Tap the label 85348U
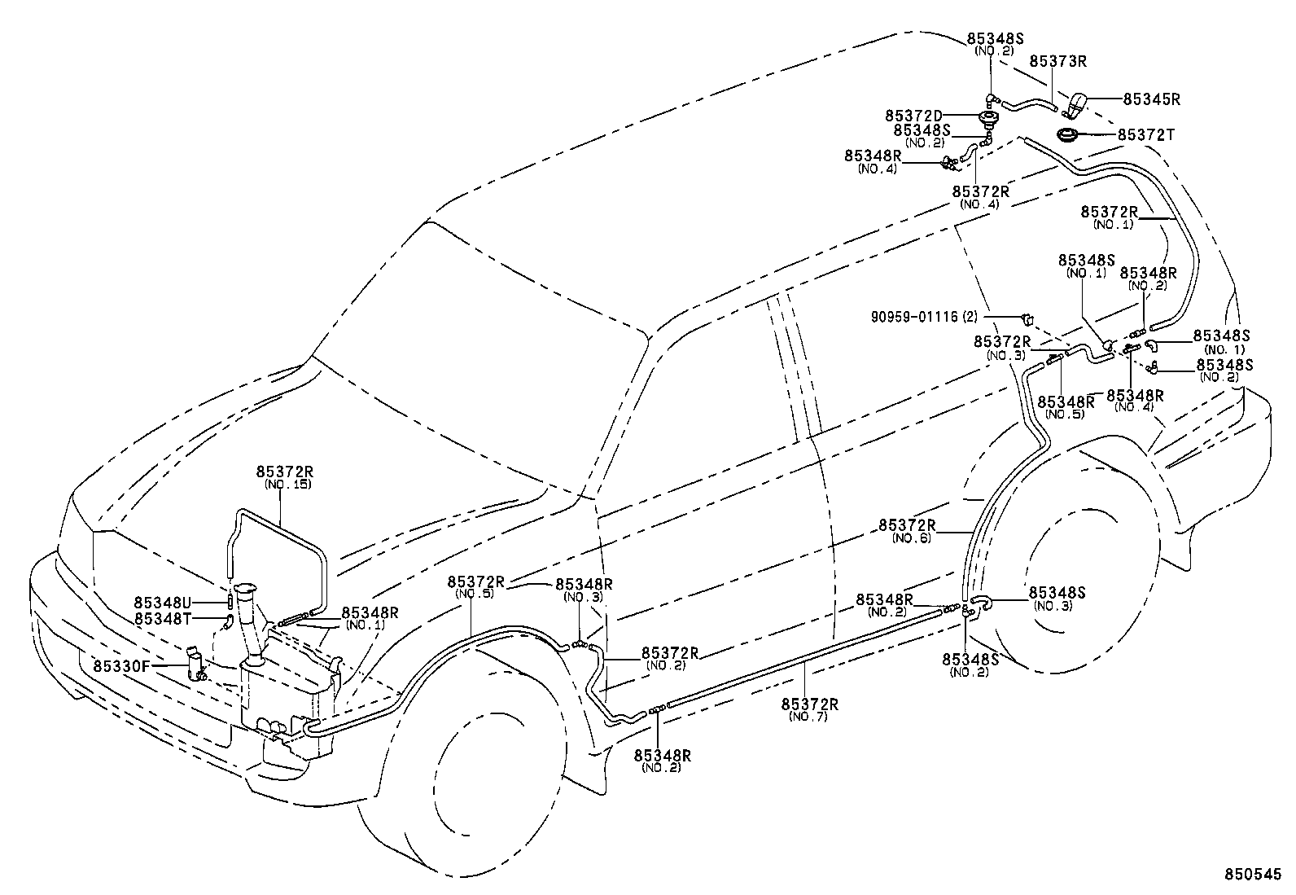tap(162, 603)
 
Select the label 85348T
tap(162, 619)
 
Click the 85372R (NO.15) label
tap(284, 477)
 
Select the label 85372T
tap(1145, 134)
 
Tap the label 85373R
tap(1058, 61)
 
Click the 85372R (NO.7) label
tap(809, 709)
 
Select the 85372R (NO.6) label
tap(907, 531)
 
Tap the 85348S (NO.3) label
tap(1057, 599)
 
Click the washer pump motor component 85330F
tap(195, 664)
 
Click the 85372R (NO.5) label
tap(475, 587)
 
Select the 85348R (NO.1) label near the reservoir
tap(370, 618)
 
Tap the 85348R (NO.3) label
tap(584, 590)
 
